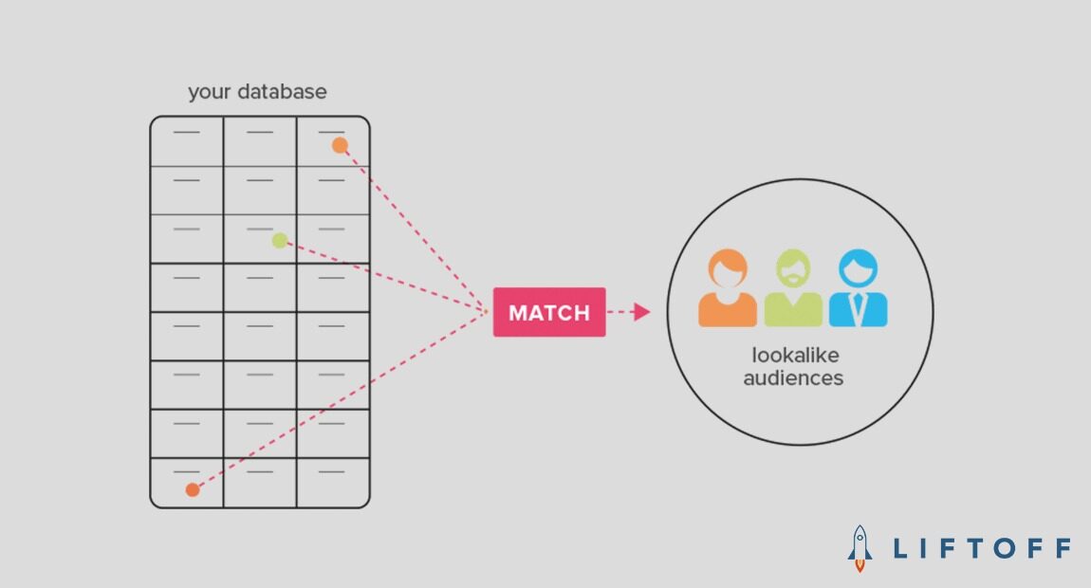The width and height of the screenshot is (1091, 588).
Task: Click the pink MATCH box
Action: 548,312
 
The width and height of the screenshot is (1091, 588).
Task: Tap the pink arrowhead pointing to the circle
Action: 642,312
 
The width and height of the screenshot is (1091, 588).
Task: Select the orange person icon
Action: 728,289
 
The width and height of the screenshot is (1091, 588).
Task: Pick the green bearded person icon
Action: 793,289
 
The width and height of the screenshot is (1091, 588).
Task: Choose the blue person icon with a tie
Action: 858,289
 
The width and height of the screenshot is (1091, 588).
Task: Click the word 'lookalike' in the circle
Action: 795,357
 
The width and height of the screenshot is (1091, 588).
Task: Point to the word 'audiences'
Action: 793,377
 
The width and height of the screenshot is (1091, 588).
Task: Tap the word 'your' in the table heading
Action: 210,93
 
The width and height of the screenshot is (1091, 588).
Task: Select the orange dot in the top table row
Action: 340,145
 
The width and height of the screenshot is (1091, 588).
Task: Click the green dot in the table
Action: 279,241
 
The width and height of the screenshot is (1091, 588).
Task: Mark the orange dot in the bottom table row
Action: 193,489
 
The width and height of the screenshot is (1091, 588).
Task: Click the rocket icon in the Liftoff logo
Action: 860,548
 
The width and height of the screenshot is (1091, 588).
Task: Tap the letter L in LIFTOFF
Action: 900,548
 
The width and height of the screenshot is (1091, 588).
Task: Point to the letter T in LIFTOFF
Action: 977,548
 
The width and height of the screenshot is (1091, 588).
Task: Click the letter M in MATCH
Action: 518,313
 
